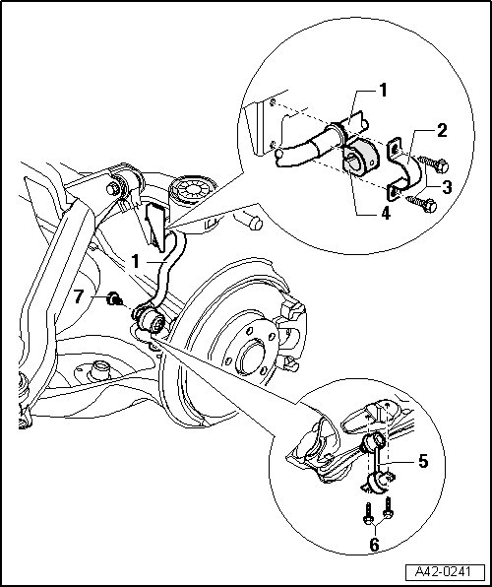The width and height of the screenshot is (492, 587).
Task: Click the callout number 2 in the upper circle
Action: [x=442, y=131]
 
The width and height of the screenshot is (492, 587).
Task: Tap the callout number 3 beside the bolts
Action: [x=447, y=187]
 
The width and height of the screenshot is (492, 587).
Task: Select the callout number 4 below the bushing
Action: [x=386, y=214]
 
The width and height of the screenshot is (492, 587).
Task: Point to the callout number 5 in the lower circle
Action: [x=423, y=461]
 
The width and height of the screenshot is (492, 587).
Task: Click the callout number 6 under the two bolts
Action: [x=374, y=545]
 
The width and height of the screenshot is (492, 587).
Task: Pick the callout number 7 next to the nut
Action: [x=78, y=296]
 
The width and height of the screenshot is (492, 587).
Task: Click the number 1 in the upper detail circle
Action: [x=383, y=91]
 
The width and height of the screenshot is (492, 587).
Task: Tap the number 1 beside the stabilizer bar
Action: [x=136, y=262]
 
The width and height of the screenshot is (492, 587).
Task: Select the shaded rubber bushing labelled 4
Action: [x=361, y=158]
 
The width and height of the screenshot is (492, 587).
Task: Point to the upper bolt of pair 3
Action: [x=434, y=164]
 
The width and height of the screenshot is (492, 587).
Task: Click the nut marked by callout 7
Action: [x=114, y=299]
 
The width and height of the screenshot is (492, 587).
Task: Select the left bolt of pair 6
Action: [x=367, y=513]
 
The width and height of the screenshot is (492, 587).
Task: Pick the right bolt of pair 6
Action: [x=389, y=507]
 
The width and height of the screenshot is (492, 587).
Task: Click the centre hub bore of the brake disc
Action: [x=252, y=357]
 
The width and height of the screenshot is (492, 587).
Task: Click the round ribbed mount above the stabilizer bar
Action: [x=193, y=190]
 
